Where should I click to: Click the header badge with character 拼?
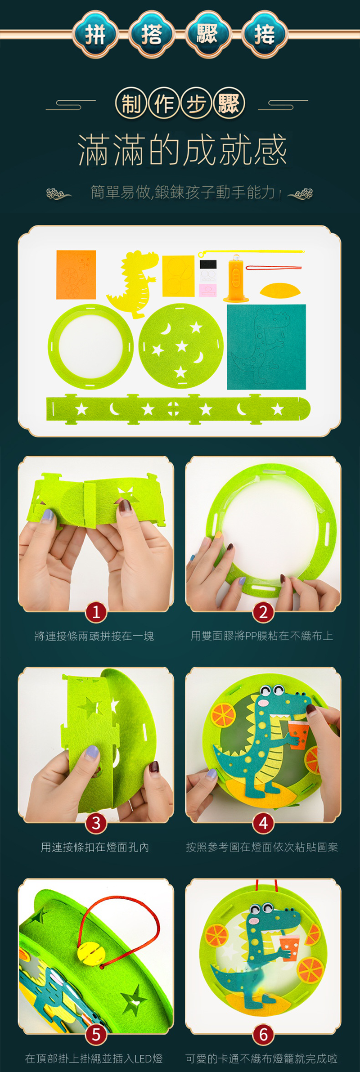[95, 34]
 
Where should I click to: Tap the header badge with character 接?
[265, 34]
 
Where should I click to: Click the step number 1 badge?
[96, 612]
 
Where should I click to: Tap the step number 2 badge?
[263, 612]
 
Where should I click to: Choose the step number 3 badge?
[96, 823]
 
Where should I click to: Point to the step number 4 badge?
[263, 823]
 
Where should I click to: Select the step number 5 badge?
[96, 1034]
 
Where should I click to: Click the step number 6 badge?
[263, 1034]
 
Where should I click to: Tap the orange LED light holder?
[236, 279]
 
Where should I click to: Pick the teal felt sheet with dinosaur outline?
[266, 347]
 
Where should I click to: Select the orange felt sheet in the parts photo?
[76, 275]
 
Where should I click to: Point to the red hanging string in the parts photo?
[273, 268]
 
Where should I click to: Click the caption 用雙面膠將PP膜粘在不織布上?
[262, 636]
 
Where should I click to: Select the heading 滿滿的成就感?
[182, 150]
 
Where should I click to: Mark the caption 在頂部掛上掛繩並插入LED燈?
[94, 1059]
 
